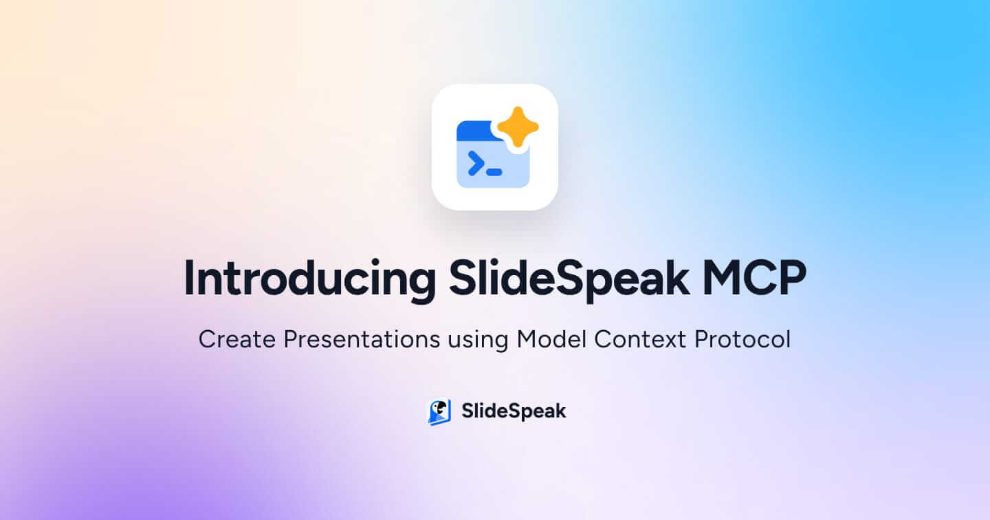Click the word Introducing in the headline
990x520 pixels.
(309, 279)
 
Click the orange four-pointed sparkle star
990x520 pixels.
(518, 127)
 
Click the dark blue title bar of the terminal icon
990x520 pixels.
(474, 131)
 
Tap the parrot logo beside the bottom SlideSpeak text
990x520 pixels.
(439, 412)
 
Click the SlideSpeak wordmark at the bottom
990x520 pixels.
(514, 411)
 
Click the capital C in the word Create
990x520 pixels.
(206, 340)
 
